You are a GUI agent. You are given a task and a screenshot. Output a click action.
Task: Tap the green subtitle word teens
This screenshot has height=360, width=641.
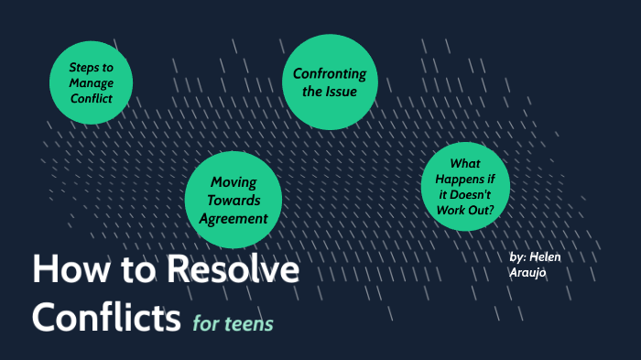(250, 323)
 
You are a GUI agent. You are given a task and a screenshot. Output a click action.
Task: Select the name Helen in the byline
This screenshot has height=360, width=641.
(545, 257)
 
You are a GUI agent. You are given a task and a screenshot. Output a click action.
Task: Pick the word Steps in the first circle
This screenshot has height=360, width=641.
(85, 67)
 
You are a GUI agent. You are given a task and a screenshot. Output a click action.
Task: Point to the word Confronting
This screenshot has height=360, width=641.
(330, 73)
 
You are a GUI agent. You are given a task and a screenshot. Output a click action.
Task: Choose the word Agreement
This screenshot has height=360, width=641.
(232, 218)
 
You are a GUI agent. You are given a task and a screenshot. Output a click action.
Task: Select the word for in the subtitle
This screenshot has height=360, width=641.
(206, 323)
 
